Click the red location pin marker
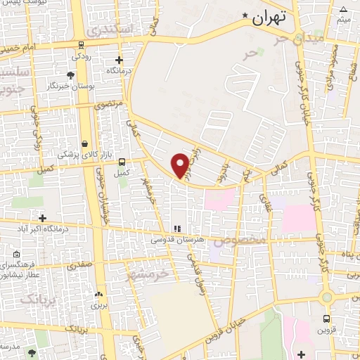(180, 165)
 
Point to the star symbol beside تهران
(245, 15)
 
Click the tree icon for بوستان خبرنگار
(70, 75)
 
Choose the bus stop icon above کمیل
(122, 161)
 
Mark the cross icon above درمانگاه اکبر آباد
(43, 219)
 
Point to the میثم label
(343, 19)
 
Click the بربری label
(96, 306)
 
